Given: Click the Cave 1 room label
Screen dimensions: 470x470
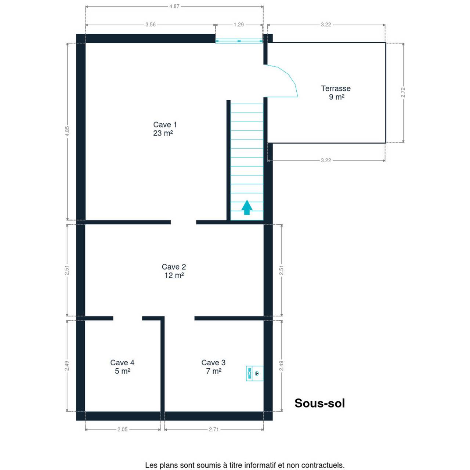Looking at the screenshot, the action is click(x=164, y=129).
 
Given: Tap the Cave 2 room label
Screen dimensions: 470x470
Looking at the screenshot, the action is click(x=174, y=271).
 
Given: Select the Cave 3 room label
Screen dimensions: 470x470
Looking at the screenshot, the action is click(x=213, y=367).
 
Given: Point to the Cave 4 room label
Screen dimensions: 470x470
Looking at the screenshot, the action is click(x=122, y=367).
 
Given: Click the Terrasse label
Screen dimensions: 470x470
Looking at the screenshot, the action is click(x=336, y=93).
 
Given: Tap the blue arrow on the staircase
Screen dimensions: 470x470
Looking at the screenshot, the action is click(x=247, y=207).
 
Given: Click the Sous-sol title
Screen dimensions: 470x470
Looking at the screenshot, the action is click(x=319, y=403).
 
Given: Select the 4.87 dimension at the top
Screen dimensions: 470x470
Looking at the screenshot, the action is click(x=174, y=6).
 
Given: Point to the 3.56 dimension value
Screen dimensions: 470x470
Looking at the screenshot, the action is click(x=151, y=25).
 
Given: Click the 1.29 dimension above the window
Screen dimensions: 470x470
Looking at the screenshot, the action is click(x=239, y=25).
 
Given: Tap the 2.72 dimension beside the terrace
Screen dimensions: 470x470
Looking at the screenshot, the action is click(x=403, y=93).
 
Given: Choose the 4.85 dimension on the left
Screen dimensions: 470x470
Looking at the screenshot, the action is click(x=67, y=131).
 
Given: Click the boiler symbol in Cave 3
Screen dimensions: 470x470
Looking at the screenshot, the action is click(x=254, y=373).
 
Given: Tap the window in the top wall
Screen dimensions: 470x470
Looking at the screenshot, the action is click(x=239, y=41).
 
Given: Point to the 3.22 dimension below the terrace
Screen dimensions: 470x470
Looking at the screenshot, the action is click(x=326, y=160).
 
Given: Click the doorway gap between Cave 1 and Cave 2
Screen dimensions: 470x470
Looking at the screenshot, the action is click(x=184, y=222).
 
